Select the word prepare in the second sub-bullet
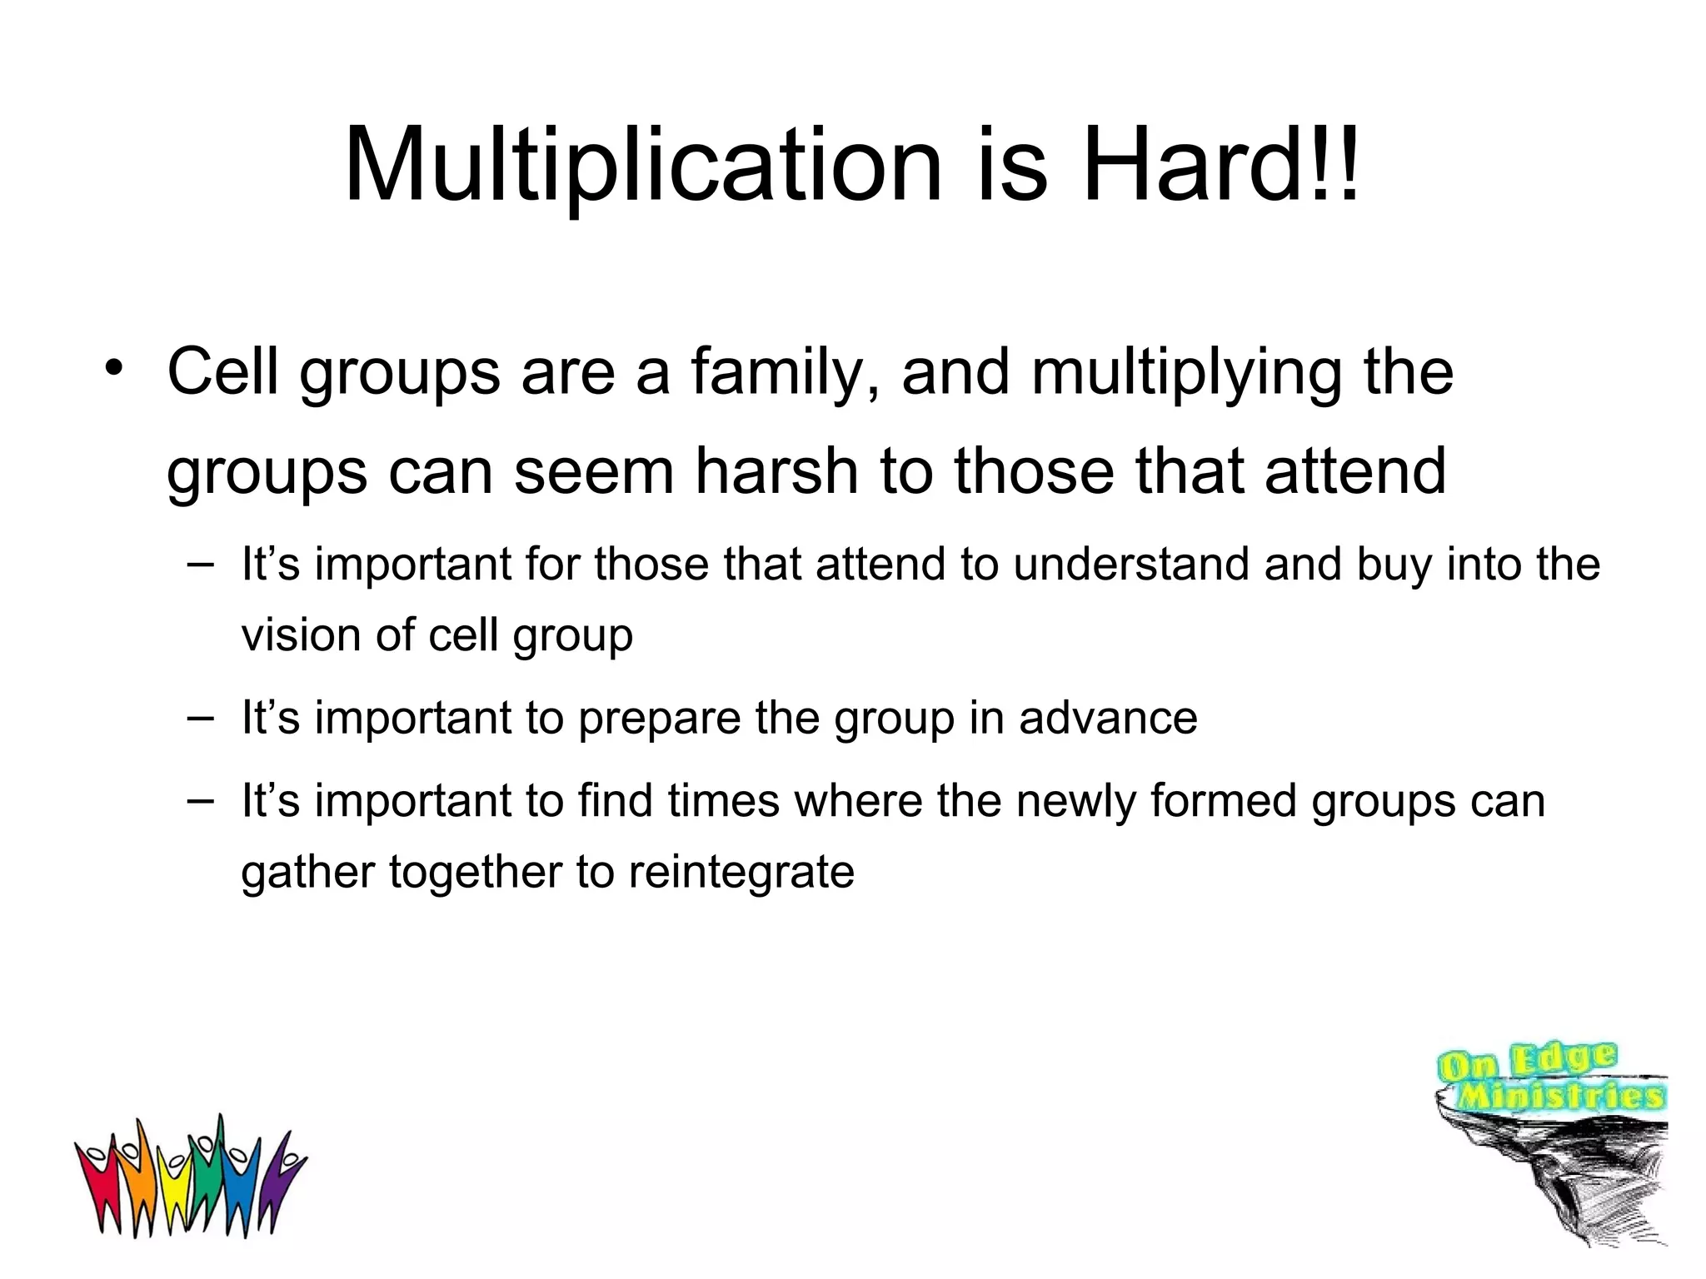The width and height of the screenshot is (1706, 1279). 659,718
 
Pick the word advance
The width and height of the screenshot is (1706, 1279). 1108,718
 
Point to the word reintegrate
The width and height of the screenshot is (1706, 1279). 741,873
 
